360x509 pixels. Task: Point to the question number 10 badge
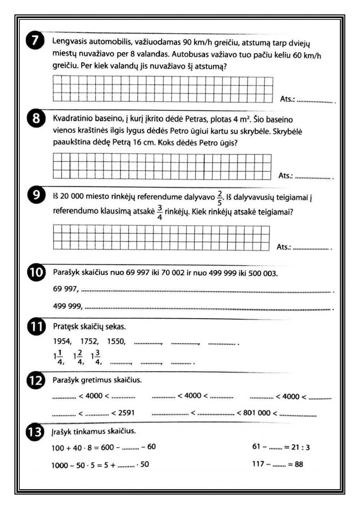pyautogui.click(x=36, y=272)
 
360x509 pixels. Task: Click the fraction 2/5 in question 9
pyautogui.click(x=220, y=198)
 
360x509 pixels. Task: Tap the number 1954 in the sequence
pyautogui.click(x=62, y=341)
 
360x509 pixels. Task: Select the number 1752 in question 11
pyautogui.click(x=89, y=341)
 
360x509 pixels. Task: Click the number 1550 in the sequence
pyautogui.click(x=116, y=341)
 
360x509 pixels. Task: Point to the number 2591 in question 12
pyautogui.click(x=126, y=413)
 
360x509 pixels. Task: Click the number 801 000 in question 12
pyautogui.click(x=256, y=413)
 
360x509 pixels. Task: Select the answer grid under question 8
pyautogui.click(x=162, y=166)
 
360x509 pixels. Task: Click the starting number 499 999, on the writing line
pyautogui.click(x=68, y=306)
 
